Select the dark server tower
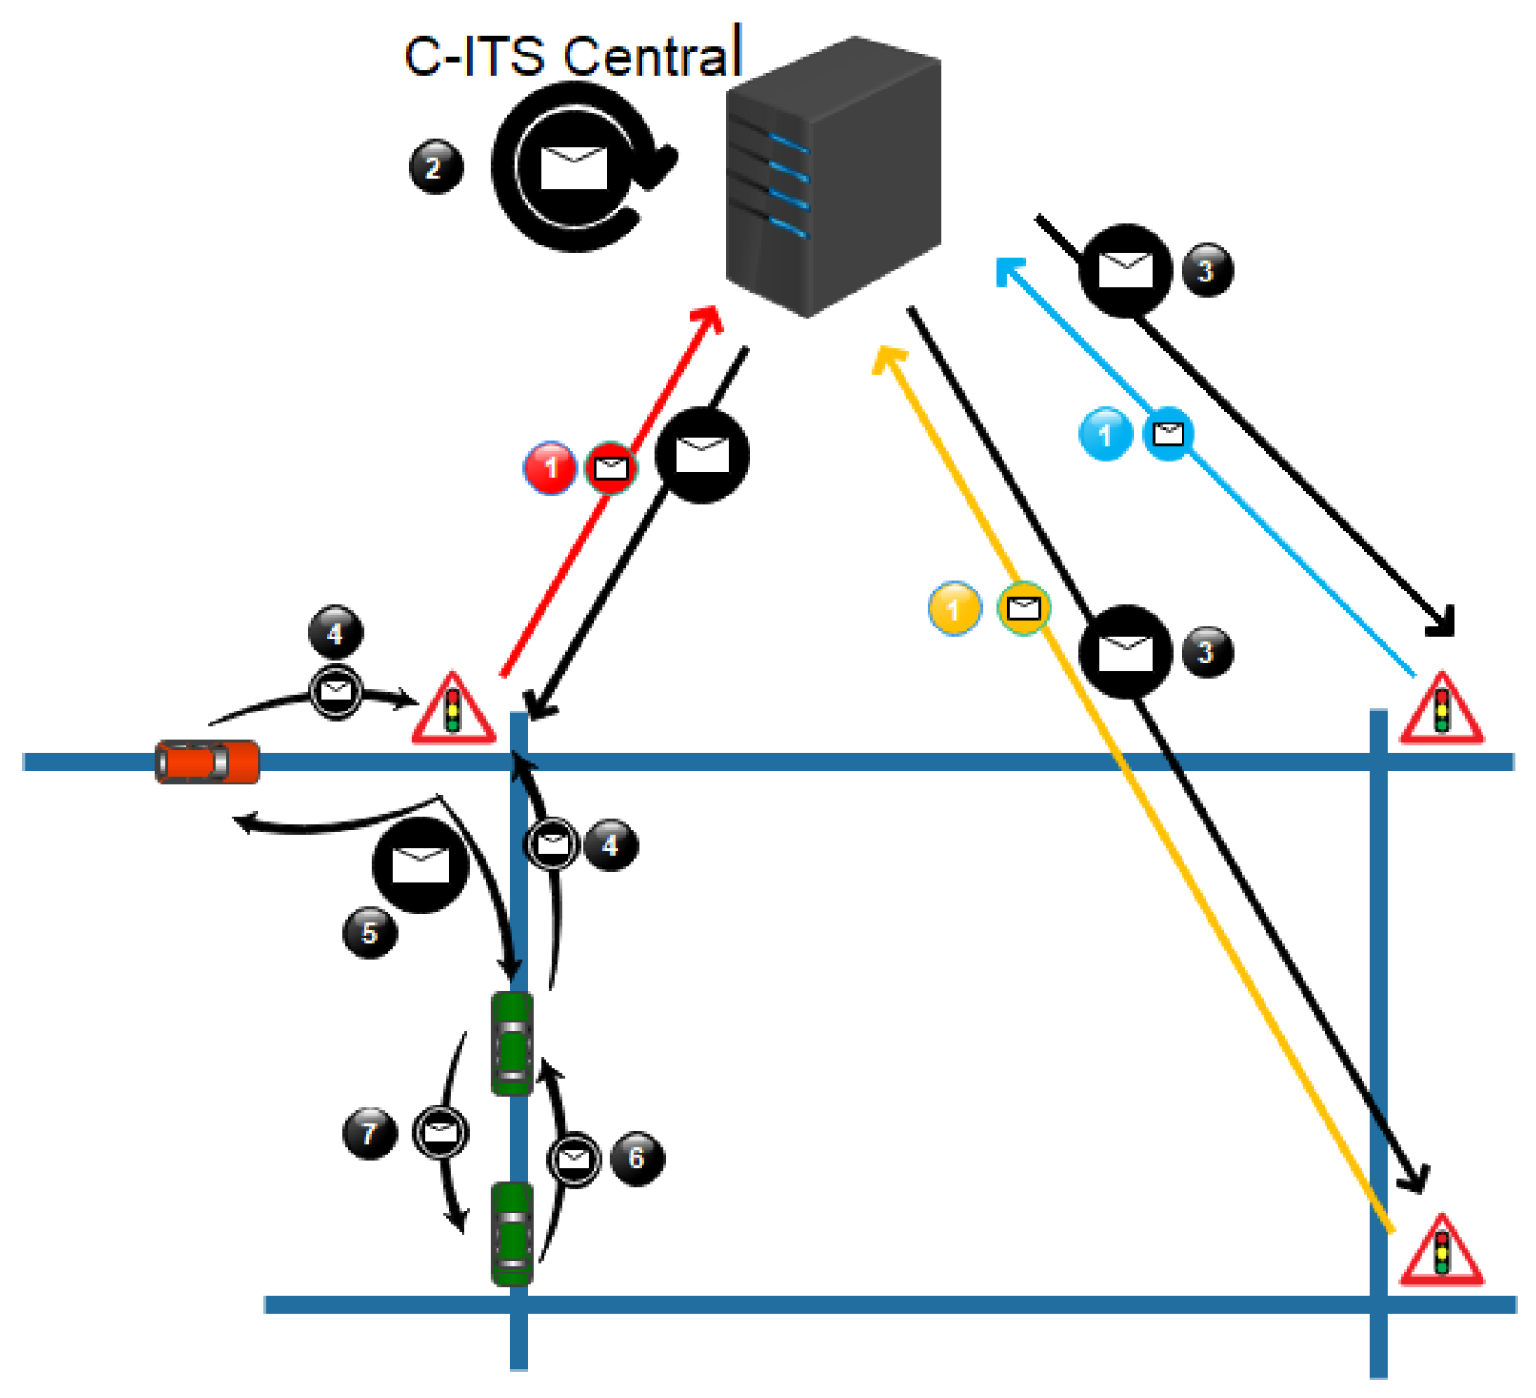tap(831, 175)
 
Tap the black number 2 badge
tap(435, 167)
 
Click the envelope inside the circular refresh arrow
tap(573, 167)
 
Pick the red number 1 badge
tap(550, 468)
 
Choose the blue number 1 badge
tap(1105, 433)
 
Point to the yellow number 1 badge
tap(954, 608)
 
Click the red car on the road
tap(207, 762)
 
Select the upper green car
tap(511, 1043)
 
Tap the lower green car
tap(511, 1234)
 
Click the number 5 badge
tap(369, 932)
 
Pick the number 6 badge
tap(636, 1157)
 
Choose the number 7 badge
tap(369, 1132)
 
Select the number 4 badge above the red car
tap(335, 633)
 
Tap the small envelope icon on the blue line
tap(1169, 433)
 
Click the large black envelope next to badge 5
tap(420, 865)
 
